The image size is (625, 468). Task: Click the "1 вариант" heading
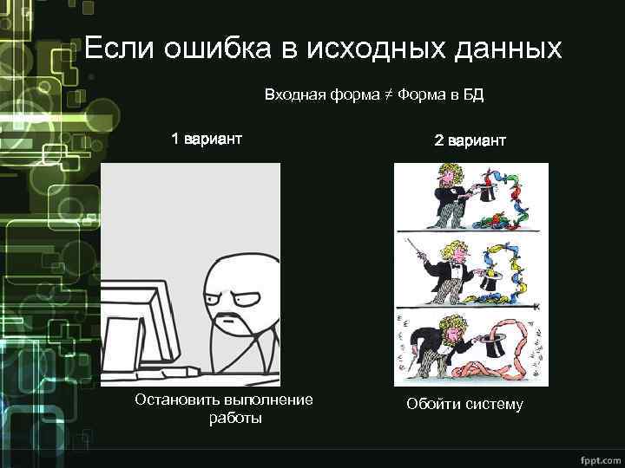pyautogui.click(x=206, y=139)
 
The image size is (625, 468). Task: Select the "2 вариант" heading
pyautogui.click(x=470, y=140)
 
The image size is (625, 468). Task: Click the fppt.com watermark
pyautogui.click(x=597, y=457)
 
